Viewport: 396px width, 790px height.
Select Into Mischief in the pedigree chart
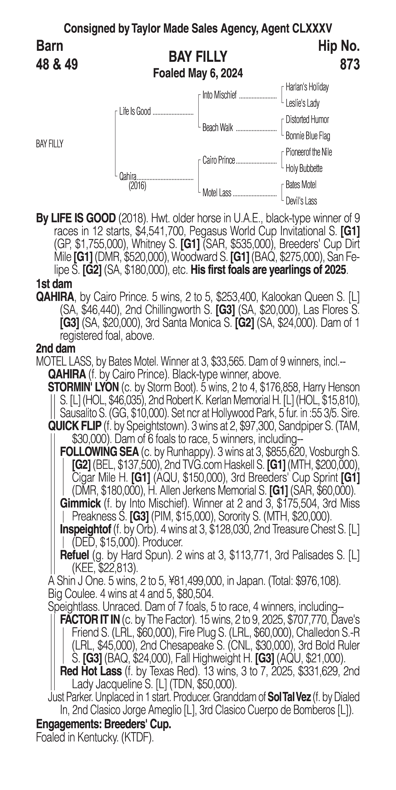(219, 95)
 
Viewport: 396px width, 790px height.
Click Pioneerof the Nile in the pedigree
(308, 152)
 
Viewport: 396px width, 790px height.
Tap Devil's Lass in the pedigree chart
(301, 201)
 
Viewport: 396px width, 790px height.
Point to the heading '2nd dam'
(56, 348)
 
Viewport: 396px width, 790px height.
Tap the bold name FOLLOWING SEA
(99, 452)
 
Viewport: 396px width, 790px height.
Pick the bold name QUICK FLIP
(75, 426)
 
